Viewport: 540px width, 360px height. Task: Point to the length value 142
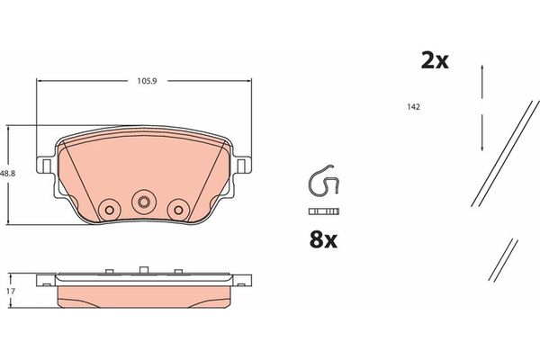click(414, 106)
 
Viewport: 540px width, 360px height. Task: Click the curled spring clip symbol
click(323, 184)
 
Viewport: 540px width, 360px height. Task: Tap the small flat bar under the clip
click(323, 211)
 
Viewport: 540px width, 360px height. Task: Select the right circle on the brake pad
click(176, 208)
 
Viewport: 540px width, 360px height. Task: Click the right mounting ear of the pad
click(243, 165)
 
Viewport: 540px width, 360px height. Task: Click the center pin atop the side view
click(142, 268)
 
